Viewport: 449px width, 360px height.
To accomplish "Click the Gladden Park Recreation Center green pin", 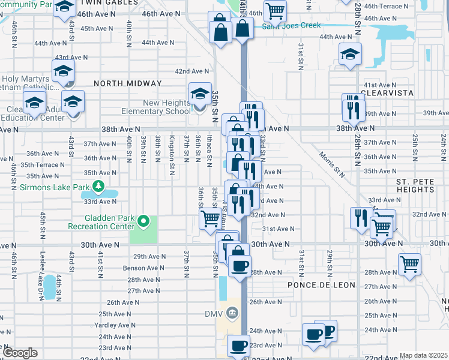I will pos(143,222).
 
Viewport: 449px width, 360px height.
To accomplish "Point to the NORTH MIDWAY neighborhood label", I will pos(127,83).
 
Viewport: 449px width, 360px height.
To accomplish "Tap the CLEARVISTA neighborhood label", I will pos(388,94).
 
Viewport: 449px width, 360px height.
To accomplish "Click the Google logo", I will pos(20,353).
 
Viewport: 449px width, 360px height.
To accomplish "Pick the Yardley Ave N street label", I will pos(114,325).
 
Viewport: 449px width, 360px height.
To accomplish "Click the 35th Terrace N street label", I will pos(42,164).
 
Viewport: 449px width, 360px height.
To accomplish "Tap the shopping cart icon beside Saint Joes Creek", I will pos(275,10).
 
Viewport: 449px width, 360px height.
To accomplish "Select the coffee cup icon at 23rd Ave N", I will pos(238,346).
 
